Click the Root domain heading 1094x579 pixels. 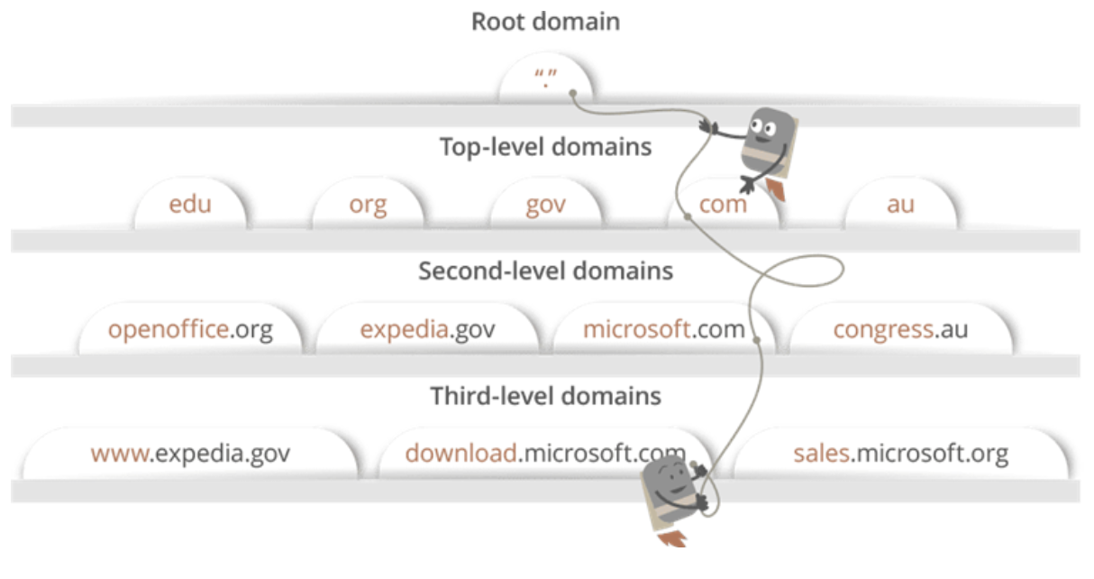(x=545, y=22)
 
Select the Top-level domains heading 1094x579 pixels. (x=545, y=147)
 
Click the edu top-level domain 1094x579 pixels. (x=190, y=205)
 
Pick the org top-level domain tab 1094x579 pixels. (x=368, y=205)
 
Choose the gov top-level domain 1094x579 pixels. (x=545, y=205)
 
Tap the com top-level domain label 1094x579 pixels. (x=724, y=205)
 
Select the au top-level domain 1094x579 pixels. (x=900, y=205)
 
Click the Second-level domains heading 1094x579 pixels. (x=545, y=271)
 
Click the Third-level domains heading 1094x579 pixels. (x=545, y=396)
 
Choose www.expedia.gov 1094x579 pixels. (x=190, y=453)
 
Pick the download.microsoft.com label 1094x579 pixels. (x=545, y=453)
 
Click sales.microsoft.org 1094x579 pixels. (x=900, y=453)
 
